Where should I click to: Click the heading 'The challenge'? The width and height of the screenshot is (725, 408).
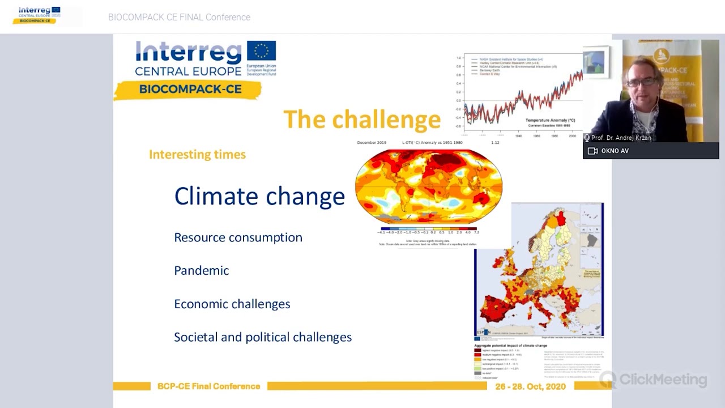coord(361,120)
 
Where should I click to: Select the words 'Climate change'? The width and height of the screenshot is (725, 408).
coord(259,196)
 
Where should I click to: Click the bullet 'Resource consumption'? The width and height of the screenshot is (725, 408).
coord(238,237)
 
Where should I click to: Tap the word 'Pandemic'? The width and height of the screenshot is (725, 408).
coord(201,270)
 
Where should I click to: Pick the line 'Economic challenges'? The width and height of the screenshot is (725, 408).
coord(232,304)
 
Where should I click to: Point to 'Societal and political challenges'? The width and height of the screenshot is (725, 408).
coord(262,337)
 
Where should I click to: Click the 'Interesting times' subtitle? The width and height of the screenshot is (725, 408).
coord(197,154)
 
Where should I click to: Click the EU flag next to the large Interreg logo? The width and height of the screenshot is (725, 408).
coord(261,51)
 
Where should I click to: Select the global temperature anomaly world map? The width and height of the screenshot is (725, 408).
coord(428,187)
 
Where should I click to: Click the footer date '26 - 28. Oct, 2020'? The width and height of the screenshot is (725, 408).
coord(530,386)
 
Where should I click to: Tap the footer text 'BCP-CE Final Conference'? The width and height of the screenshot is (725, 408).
coord(208,386)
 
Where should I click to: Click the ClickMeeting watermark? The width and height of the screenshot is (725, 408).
coord(654,379)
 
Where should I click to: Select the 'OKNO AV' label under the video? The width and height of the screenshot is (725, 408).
coord(615,151)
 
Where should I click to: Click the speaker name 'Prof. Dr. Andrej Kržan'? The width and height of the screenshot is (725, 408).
coord(621,138)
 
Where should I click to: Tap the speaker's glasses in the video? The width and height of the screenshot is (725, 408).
coord(643,82)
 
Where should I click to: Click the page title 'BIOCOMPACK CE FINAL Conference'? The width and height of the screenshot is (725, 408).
coord(179,17)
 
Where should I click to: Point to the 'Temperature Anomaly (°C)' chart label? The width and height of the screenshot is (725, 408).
coord(549,120)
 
